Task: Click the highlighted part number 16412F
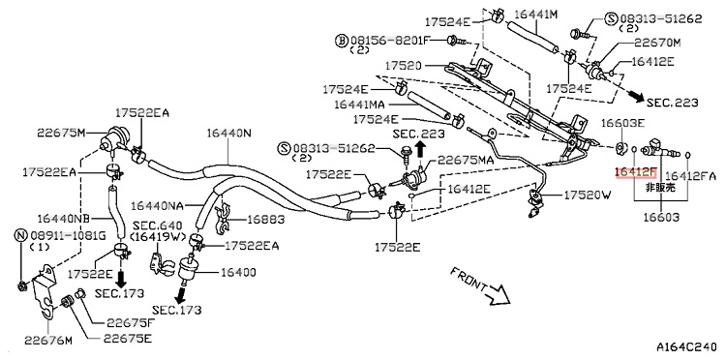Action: pyautogui.click(x=635, y=173)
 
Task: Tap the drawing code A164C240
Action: pyautogui.click(x=687, y=347)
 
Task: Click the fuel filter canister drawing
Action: pyautogui.click(x=188, y=268)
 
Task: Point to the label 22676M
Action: pyautogui.click(x=48, y=341)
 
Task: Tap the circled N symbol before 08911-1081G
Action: pyautogui.click(x=21, y=235)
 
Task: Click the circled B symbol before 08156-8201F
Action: pyautogui.click(x=341, y=41)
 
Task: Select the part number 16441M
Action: pyautogui.click(x=535, y=15)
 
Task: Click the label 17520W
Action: pyautogui.click(x=588, y=195)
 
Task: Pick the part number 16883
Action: pyautogui.click(x=265, y=220)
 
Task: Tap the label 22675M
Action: pyautogui.click(x=62, y=134)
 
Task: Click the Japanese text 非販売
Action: pyautogui.click(x=660, y=188)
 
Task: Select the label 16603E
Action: pyautogui.click(x=622, y=123)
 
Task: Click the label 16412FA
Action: pyautogui.click(x=690, y=176)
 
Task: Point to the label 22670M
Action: pyautogui.click(x=657, y=43)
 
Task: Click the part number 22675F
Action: pyautogui.click(x=131, y=322)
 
